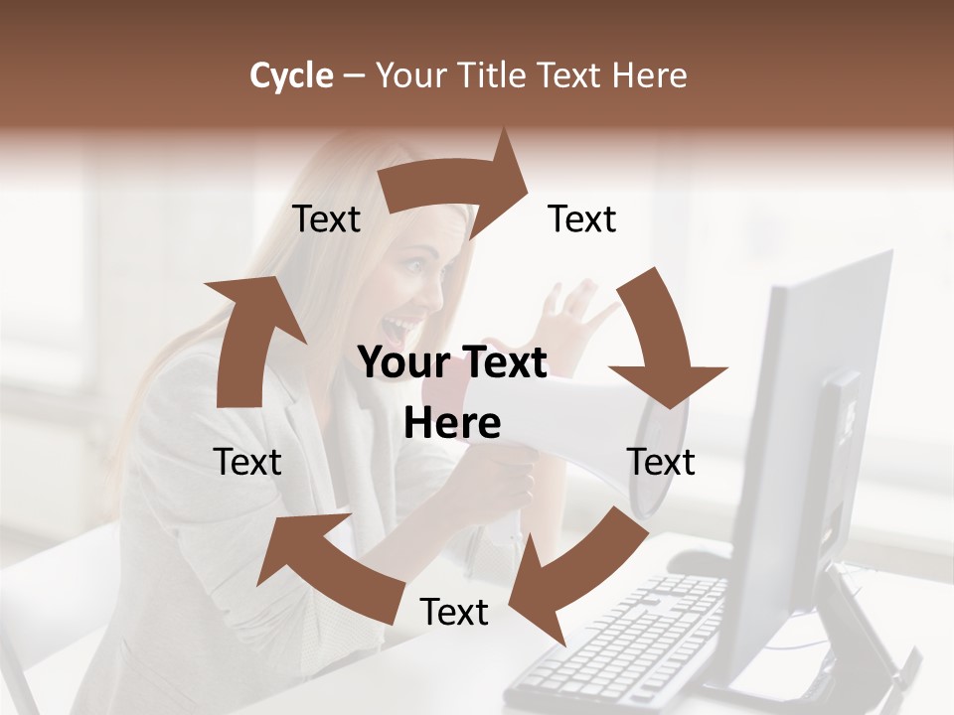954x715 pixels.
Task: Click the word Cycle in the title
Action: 290,75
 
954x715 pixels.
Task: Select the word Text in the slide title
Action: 574,75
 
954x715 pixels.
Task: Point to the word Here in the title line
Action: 651,75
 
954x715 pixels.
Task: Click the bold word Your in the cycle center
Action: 401,363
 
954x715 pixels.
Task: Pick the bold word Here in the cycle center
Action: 452,424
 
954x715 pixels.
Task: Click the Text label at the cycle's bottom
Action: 454,613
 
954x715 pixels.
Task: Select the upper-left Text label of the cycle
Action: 326,219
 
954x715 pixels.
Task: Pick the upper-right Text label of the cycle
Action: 582,219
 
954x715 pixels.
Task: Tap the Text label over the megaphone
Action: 661,462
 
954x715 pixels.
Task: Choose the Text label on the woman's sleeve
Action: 247,462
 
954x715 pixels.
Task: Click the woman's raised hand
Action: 576,308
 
